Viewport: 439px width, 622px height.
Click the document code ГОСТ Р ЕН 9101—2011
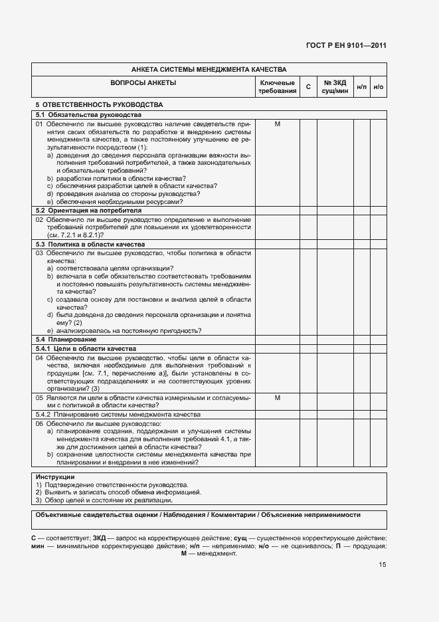[x=355, y=46]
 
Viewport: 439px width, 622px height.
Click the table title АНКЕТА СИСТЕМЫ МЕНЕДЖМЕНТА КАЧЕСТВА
[x=209, y=69]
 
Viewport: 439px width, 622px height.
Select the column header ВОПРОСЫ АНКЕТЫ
[x=143, y=83]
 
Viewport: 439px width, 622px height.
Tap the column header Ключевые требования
[x=278, y=86]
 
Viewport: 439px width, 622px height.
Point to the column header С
[x=308, y=87]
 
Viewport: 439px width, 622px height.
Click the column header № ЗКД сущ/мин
[x=335, y=86]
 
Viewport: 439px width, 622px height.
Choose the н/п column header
[x=362, y=87]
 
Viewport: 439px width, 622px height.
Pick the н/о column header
[x=379, y=87]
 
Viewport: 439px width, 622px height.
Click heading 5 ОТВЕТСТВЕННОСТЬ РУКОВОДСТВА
[x=99, y=105]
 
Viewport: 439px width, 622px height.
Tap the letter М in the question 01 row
[x=278, y=124]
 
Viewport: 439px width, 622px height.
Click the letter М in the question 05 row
[x=278, y=397]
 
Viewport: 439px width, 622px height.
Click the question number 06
[x=39, y=423]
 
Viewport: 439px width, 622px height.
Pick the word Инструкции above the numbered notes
[x=54, y=477]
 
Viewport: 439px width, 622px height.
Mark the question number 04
[x=39, y=358]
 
